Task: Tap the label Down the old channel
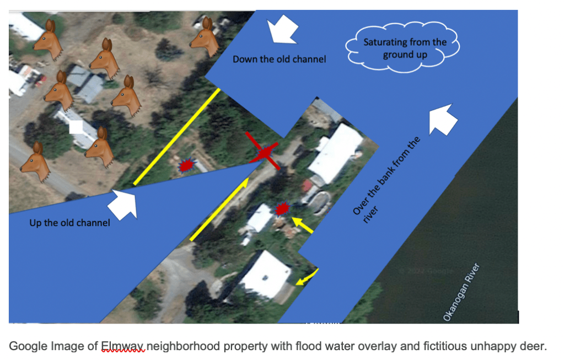(x=279, y=59)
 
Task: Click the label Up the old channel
(x=69, y=223)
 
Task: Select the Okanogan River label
(x=462, y=292)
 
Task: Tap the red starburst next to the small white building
(x=282, y=209)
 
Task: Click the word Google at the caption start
(x=29, y=346)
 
